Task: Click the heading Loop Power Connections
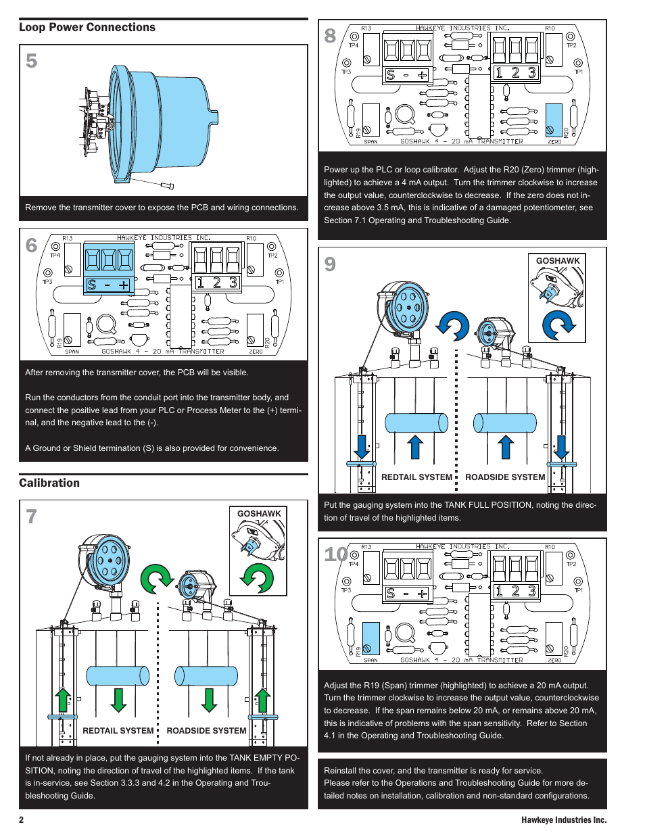[x=87, y=28]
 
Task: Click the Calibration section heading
[x=49, y=483]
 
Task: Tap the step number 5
[x=32, y=62]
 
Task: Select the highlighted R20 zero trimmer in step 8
[x=554, y=120]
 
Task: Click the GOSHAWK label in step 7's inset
[x=259, y=514]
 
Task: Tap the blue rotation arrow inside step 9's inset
[x=558, y=325]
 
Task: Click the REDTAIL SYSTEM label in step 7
[x=118, y=731]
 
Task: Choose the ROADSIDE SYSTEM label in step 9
[x=505, y=477]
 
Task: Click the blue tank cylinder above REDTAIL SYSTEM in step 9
[x=416, y=423]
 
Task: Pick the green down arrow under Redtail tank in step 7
[x=119, y=700]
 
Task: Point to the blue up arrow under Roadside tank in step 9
[x=505, y=447]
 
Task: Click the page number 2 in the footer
[x=21, y=820]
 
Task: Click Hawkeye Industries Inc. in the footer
[x=564, y=820]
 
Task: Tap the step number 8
[x=330, y=36]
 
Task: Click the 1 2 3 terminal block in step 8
[x=515, y=73]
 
